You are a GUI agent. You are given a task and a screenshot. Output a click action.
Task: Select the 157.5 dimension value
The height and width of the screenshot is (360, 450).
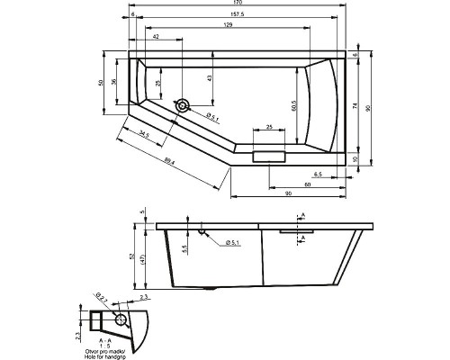pos(236,16)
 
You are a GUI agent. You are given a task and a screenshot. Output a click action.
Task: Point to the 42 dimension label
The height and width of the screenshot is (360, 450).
pos(157,37)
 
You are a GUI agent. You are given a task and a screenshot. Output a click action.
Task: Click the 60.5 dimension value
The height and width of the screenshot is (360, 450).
pos(292,105)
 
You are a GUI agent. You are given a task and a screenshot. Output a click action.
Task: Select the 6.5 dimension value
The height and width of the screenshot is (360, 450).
pos(318,174)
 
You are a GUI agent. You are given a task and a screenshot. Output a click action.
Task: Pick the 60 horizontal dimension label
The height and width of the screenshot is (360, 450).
pos(308,184)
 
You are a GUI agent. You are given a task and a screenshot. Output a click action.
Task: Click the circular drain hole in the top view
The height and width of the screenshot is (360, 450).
pos(183,106)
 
